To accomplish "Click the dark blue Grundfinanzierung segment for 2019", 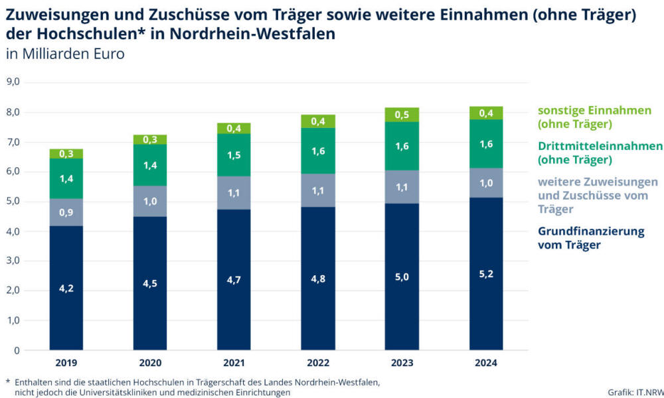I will tap(66, 288).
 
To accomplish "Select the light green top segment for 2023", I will tap(402, 115).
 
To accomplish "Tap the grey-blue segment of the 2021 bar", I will tap(234, 193).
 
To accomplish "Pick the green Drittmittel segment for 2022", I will tap(318, 151).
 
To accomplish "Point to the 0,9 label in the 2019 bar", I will tap(66, 214).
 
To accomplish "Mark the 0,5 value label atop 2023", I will tap(402, 115).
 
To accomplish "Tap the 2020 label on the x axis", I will tap(149, 363).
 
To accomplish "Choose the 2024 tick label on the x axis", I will tap(486, 363).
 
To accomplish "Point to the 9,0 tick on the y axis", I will tap(13, 82).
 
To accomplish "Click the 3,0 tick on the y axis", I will tap(13, 261).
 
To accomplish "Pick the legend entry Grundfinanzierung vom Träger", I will tap(591, 238).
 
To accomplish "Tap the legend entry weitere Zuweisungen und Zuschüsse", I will tap(598, 195).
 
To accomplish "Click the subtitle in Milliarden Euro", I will tap(65, 54).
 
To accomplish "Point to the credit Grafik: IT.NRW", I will tap(635, 392).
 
